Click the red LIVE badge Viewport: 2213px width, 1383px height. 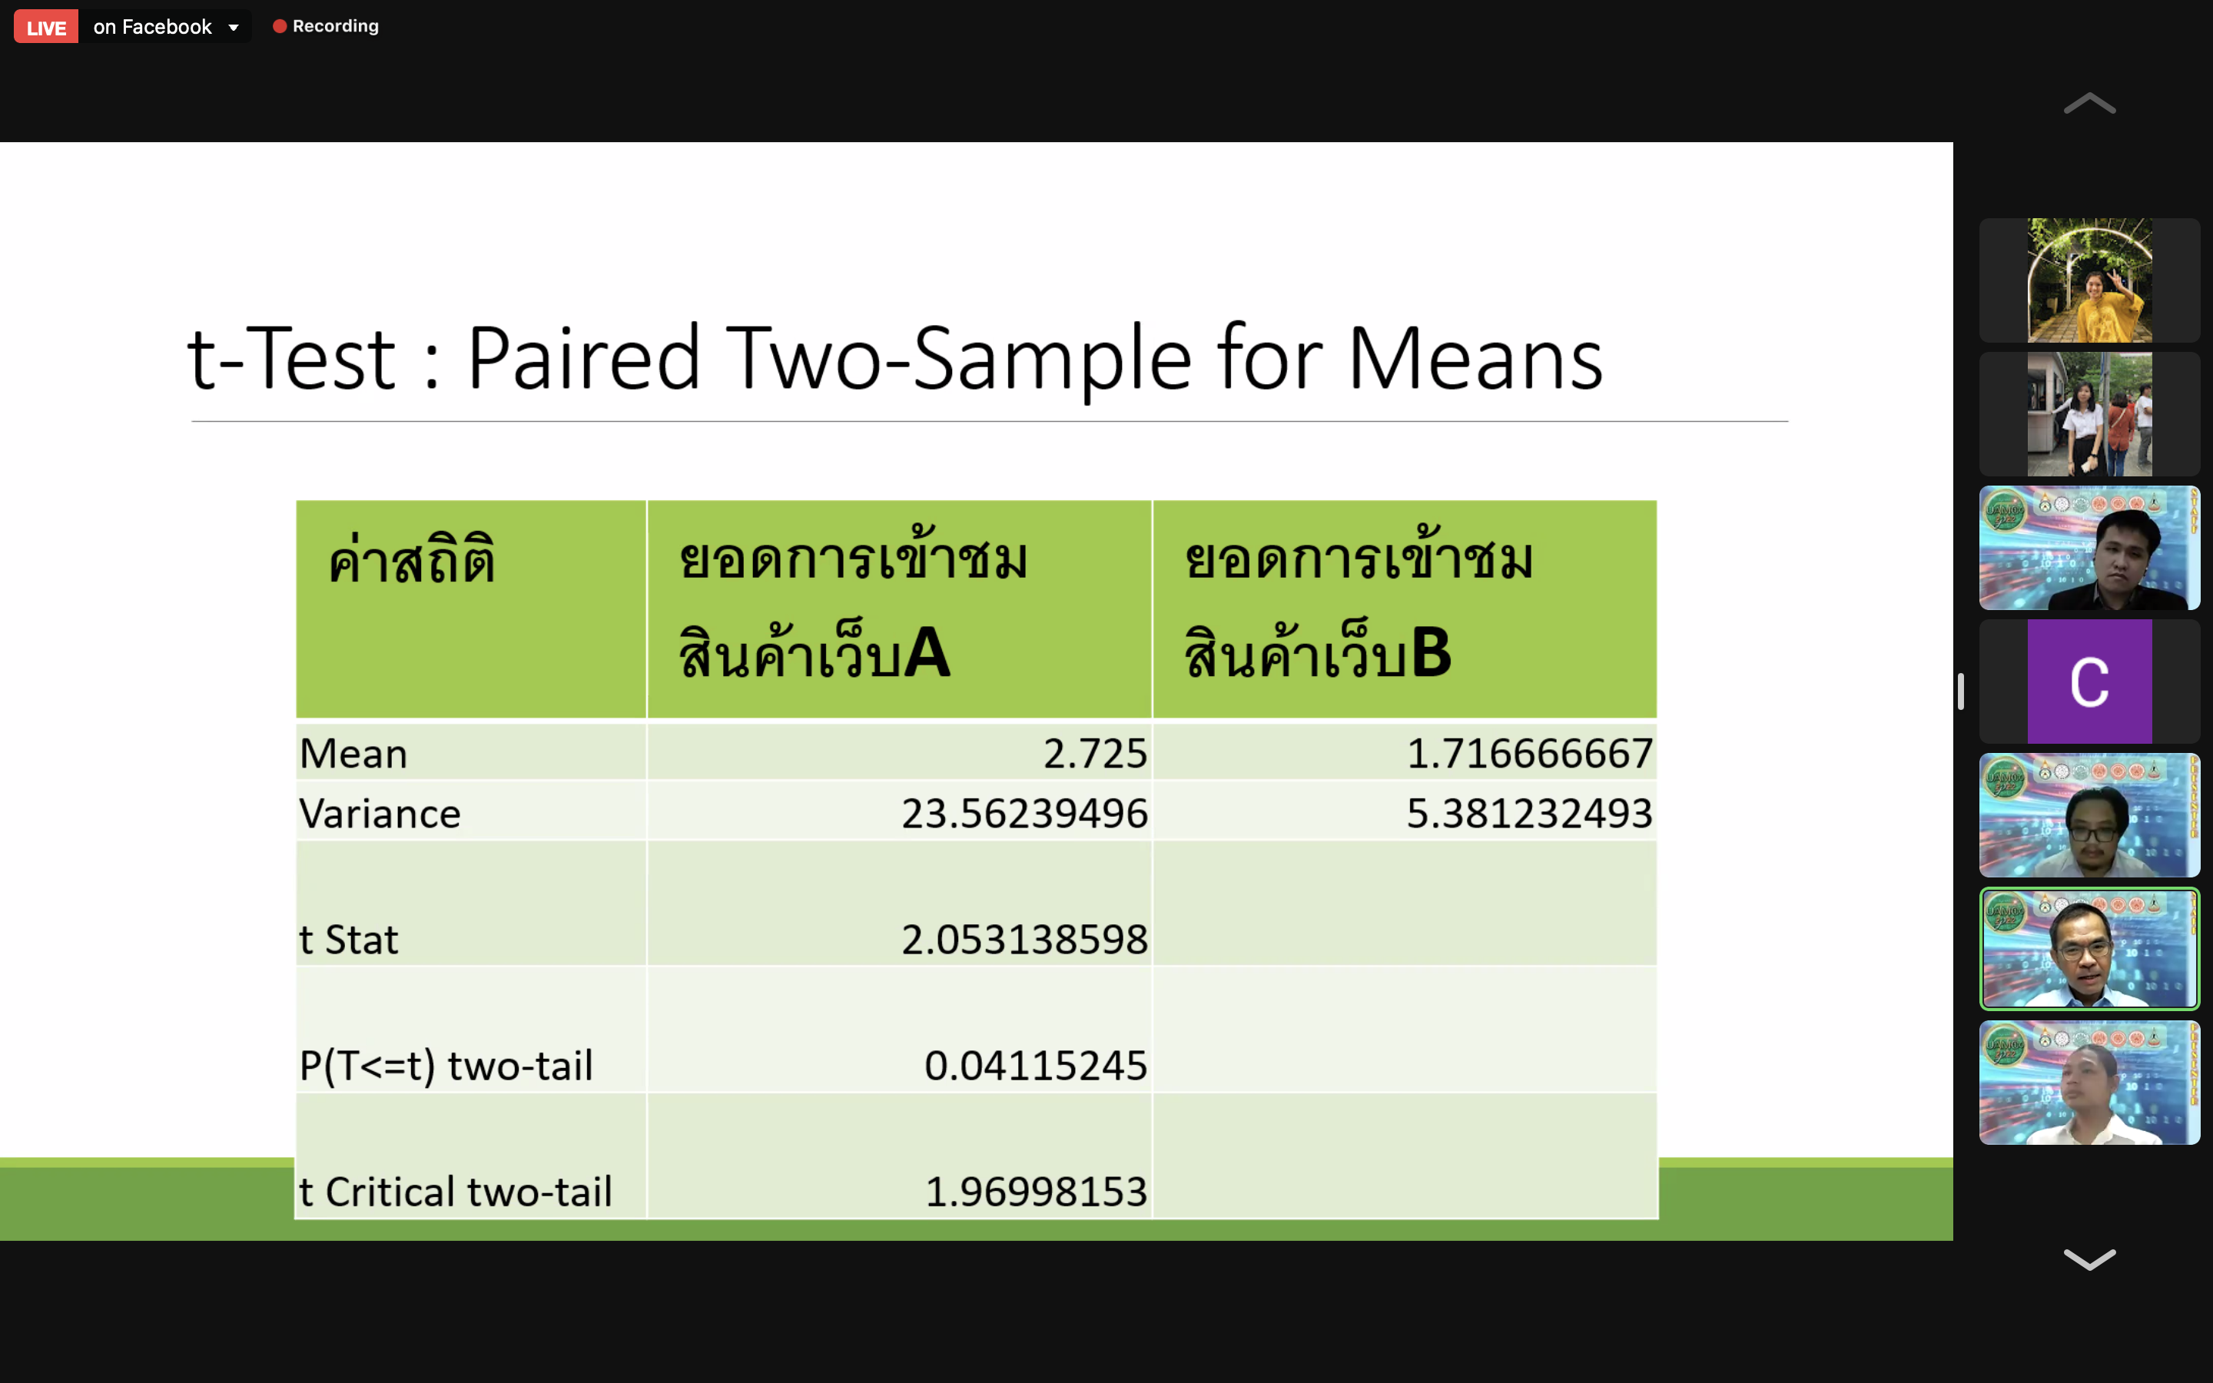click(x=46, y=27)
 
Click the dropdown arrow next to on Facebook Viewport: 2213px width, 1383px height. click(x=234, y=28)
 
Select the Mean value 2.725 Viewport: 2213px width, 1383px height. click(x=1095, y=754)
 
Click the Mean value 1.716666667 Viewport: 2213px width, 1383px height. click(x=1529, y=754)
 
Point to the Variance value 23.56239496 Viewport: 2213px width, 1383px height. click(x=1024, y=813)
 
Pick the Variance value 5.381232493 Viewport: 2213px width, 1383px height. click(x=1529, y=813)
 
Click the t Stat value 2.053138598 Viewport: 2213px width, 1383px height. click(x=1024, y=940)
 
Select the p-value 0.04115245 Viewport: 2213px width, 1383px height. click(x=1035, y=1066)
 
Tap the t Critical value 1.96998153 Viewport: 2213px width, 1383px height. click(x=1036, y=1192)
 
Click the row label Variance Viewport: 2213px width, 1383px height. click(x=380, y=813)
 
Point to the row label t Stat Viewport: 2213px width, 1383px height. click(x=348, y=940)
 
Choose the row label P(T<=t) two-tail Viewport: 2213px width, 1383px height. click(x=446, y=1066)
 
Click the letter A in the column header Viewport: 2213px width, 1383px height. click(x=927, y=653)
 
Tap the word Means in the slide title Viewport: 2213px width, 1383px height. click(x=1475, y=360)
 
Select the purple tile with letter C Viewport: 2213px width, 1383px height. click(x=2089, y=682)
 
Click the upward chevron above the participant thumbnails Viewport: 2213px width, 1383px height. click(x=2089, y=104)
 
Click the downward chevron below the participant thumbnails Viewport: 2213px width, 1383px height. click(x=2089, y=1259)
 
